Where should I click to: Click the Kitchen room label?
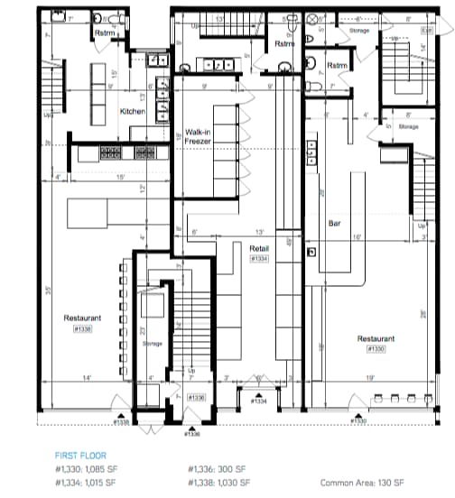click(134, 111)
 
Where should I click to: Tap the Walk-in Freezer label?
click(199, 136)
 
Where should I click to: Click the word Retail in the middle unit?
click(261, 247)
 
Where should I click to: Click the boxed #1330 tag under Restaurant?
click(374, 350)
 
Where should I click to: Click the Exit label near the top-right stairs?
click(426, 31)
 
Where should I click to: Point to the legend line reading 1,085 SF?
click(86, 469)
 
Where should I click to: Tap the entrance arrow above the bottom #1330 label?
click(358, 414)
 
